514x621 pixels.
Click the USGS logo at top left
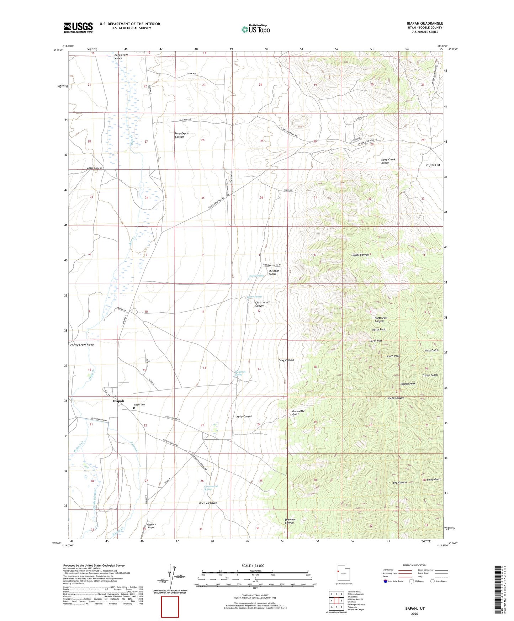(x=78, y=27)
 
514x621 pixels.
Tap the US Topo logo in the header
(x=255, y=29)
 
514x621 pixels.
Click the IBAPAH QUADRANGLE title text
(x=425, y=23)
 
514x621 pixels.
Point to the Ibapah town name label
(x=118, y=401)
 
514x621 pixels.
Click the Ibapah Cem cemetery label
(x=139, y=405)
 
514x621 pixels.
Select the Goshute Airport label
(x=151, y=526)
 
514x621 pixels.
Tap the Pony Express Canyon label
(x=182, y=135)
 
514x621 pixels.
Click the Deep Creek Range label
(x=388, y=161)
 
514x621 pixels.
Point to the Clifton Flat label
(x=433, y=165)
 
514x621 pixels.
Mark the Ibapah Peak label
(x=408, y=384)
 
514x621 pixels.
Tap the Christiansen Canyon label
(x=263, y=304)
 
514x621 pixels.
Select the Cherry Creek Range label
(x=82, y=345)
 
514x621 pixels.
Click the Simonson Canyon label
(x=290, y=521)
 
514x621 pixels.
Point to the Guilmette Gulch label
(x=298, y=413)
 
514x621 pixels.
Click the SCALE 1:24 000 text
(x=253, y=566)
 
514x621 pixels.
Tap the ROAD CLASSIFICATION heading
(x=414, y=565)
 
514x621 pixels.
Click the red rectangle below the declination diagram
(x=170, y=607)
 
